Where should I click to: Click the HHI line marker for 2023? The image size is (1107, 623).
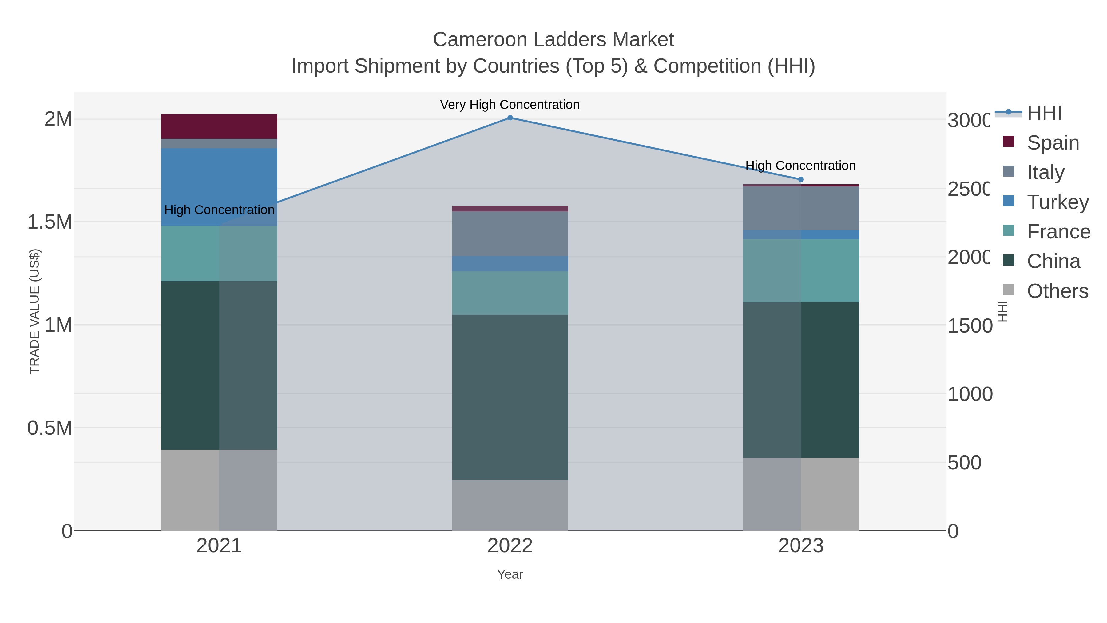[x=801, y=179]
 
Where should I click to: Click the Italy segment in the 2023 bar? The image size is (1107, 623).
[x=801, y=209]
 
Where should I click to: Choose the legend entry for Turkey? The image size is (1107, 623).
[x=1057, y=202]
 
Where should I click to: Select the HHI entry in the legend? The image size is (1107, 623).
[x=1044, y=113]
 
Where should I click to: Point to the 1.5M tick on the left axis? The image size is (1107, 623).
[x=50, y=222]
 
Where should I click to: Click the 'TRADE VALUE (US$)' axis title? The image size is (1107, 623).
[x=34, y=311]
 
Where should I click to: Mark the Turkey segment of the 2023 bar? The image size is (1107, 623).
[x=801, y=235]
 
